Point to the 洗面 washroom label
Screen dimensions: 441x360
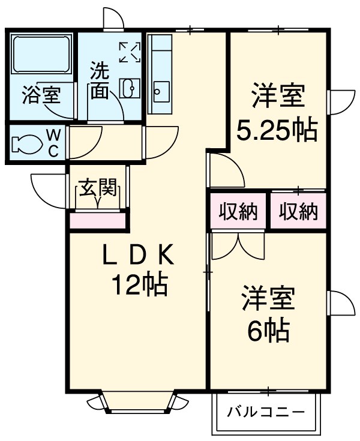(100, 82)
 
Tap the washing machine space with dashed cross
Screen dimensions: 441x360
(130, 53)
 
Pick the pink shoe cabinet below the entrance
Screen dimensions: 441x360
(98, 220)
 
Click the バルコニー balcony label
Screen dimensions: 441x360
(266, 413)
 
